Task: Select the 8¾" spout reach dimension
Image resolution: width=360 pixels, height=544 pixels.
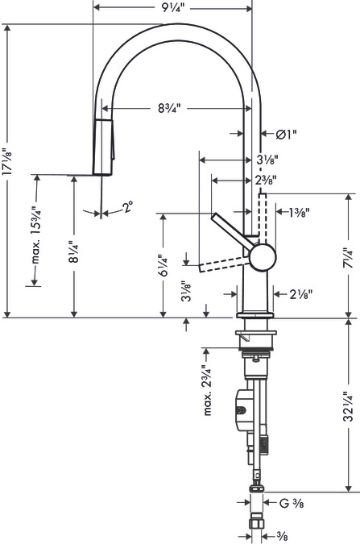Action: pyautogui.click(x=169, y=106)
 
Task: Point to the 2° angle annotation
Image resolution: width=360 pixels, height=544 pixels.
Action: pyautogui.click(x=129, y=209)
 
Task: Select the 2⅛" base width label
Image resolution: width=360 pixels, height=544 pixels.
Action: pyautogui.click(x=300, y=294)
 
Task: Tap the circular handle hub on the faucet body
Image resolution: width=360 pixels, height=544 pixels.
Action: pyautogui.click(x=262, y=257)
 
